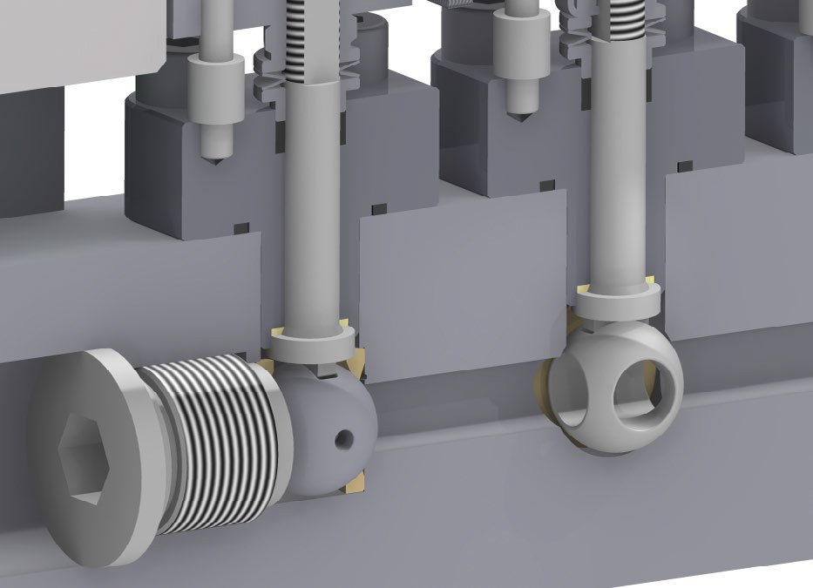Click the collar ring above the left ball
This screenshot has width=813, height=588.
point(309,348)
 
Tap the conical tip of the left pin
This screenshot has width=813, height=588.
point(213,157)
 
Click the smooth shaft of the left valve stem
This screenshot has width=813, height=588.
point(309,218)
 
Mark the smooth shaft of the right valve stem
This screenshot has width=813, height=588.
point(620,174)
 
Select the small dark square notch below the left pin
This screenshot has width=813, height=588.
point(241,228)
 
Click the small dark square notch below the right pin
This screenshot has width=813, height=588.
point(547,185)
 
